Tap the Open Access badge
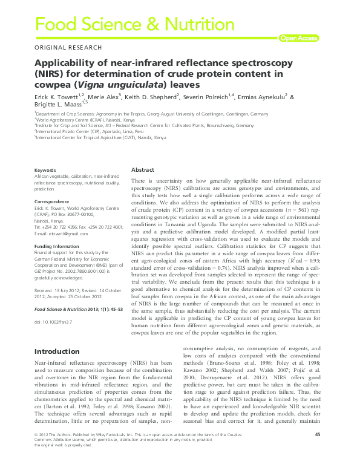[298, 38]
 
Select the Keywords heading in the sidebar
[45, 171]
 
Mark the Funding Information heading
[57, 247]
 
